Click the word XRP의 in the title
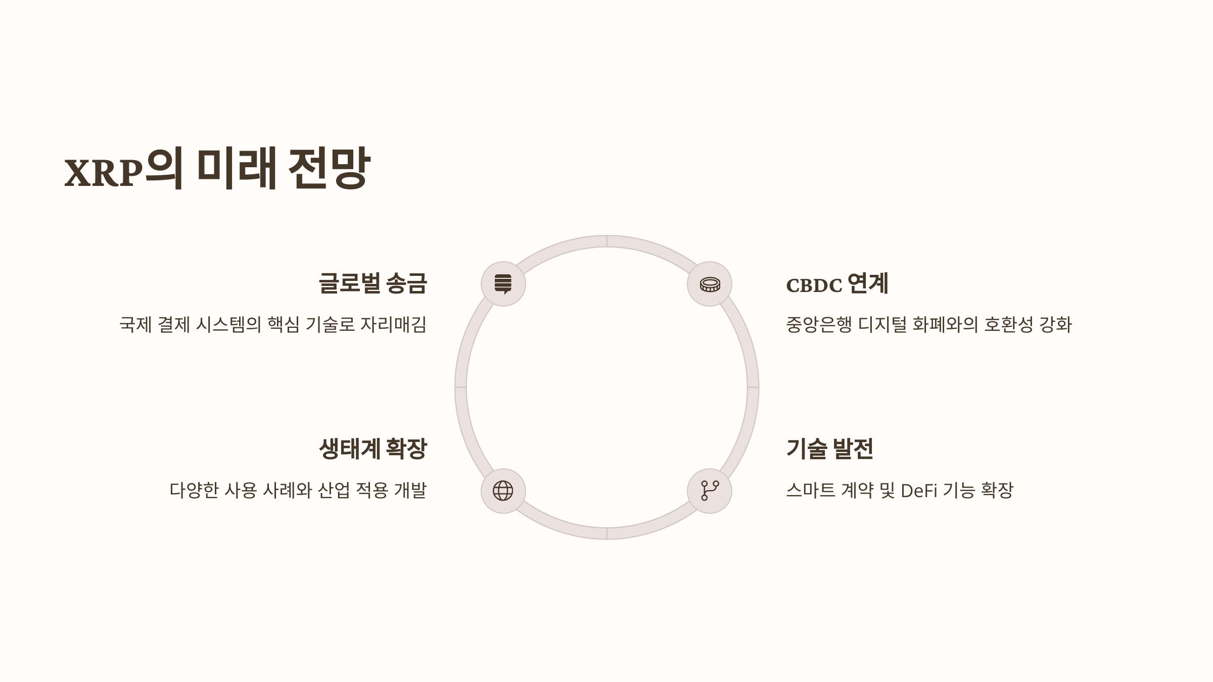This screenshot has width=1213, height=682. coord(123,169)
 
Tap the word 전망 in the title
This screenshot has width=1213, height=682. coord(329,168)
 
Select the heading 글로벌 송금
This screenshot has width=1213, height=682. coord(372,283)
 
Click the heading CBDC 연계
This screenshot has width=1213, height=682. coord(837,284)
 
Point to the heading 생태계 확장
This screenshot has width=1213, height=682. coord(372,449)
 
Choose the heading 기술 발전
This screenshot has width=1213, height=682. coord(829,449)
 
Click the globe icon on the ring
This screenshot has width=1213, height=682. coord(503,491)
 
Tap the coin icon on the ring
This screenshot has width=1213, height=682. coord(710,284)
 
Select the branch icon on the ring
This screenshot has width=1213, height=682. coord(710,491)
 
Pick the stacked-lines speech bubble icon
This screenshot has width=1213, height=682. coord(503,284)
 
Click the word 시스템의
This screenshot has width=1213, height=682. coord(228,324)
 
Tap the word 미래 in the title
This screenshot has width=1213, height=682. coord(236,168)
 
